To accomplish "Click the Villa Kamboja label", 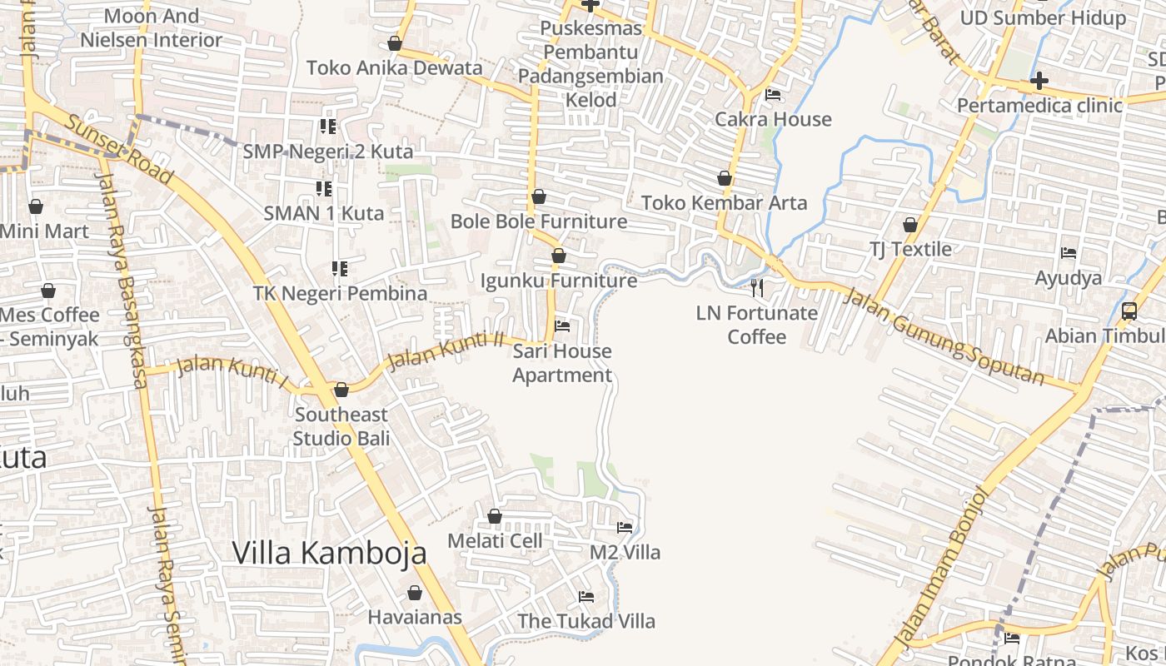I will [329, 553].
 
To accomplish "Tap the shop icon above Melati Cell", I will [495, 516].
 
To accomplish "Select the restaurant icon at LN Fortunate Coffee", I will [757, 288].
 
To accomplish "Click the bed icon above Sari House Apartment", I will [562, 326].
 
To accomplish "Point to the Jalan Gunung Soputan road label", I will [943, 336].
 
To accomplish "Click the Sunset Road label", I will [119, 150].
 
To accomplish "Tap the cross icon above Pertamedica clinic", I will [1039, 82].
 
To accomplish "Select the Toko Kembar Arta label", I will [724, 202].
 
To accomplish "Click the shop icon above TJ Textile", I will [910, 225].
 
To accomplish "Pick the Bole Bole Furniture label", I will [539, 221].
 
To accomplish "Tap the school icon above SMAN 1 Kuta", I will [323, 189].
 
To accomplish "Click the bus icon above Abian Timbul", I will [1129, 311].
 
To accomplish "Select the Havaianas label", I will [415, 617].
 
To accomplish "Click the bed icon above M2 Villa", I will [625, 528].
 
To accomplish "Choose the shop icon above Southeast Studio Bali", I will [341, 390].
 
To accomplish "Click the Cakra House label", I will [773, 119].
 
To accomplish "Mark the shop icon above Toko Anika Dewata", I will [395, 43].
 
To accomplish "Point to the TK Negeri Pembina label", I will [340, 293].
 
